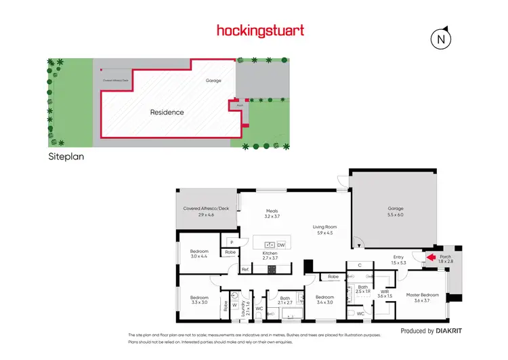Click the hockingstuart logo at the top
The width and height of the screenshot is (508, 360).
pos(260,31)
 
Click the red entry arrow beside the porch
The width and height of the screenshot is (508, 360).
pos(429,257)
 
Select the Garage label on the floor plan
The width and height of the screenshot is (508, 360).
pos(396,209)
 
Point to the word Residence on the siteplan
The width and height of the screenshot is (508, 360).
pos(167,113)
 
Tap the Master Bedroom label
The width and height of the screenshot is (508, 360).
pos(423,295)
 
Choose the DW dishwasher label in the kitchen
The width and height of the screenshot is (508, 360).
pos(281,245)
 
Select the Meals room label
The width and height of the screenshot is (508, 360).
pos(272,211)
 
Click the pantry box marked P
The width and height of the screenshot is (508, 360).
pos(231,241)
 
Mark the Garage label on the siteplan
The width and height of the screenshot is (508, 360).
pos(214,80)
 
